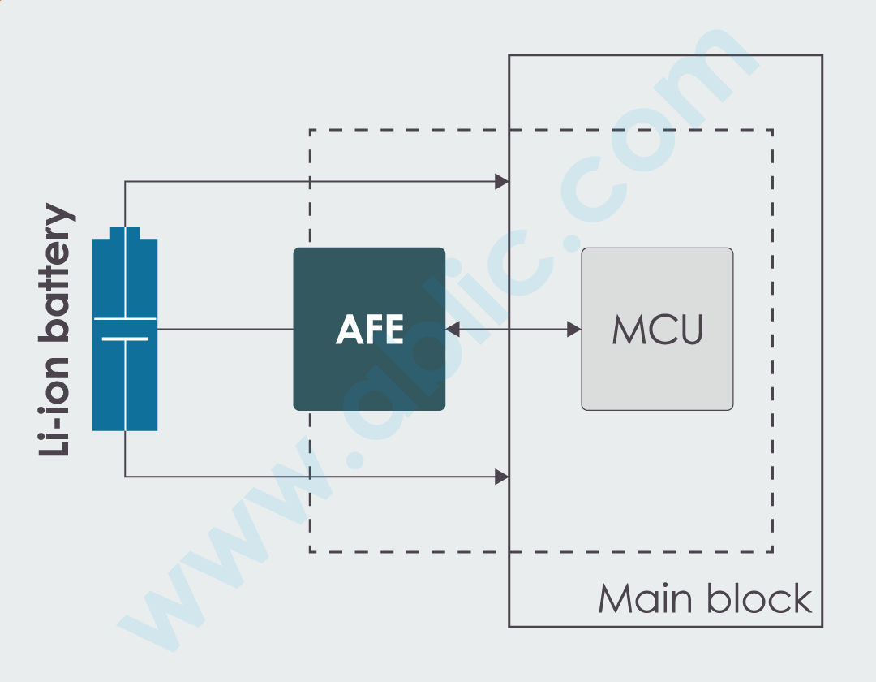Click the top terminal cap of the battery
[125, 233]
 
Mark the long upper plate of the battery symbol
[125, 319]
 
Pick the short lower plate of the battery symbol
[125, 339]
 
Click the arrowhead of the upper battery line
[502, 182]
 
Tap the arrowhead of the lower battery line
[502, 477]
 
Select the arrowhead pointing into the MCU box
[573, 329]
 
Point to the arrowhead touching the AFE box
[453, 329]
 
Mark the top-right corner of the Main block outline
[822, 55]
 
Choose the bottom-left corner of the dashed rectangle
[310, 552]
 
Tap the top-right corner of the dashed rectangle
[772, 130]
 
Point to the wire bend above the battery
[125, 182]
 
